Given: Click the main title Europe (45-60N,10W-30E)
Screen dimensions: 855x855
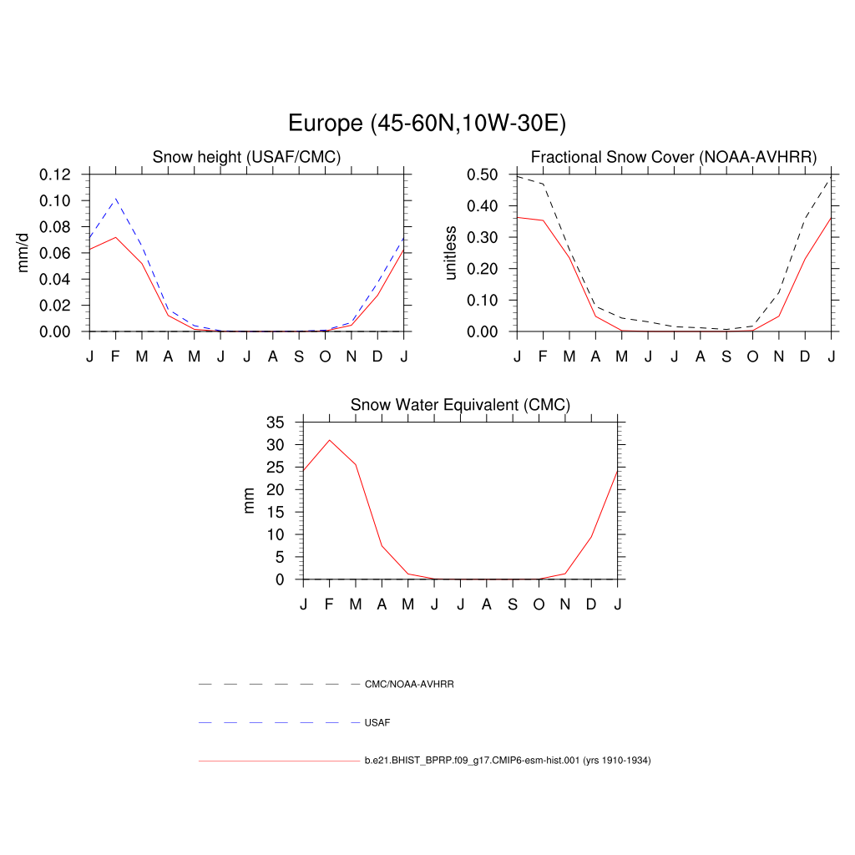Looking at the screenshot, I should point(427,124).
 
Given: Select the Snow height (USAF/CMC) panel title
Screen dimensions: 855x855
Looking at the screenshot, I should point(246,157).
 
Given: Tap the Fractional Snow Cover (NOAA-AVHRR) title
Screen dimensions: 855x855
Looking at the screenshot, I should point(673,157).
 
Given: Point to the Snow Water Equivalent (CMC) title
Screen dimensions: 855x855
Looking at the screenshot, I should point(460,405).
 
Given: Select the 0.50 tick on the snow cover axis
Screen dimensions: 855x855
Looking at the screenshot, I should point(484,175).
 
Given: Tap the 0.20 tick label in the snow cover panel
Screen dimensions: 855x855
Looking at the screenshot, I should point(484,269).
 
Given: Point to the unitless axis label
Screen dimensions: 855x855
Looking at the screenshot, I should point(451,253).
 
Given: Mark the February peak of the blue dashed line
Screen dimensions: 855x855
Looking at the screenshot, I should point(116,199).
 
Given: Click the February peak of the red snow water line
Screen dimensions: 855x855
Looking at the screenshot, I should point(330,440).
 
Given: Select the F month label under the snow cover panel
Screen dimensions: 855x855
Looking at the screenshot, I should point(543,357).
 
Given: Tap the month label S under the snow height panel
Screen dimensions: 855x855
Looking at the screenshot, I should point(299,357).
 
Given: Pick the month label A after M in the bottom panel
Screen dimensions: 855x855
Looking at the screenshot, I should point(382,605).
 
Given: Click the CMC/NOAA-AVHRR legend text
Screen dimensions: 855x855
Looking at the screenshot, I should point(409,684).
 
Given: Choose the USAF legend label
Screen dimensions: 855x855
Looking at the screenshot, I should point(377,722).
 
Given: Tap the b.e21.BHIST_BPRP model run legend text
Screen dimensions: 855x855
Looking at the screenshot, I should point(507,761).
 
